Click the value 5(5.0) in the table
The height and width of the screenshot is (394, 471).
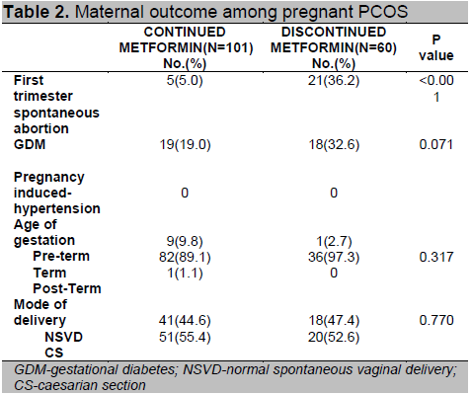[x=185, y=81]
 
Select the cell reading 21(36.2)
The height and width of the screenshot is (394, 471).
[x=334, y=81]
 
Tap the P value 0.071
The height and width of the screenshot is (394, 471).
[x=436, y=145]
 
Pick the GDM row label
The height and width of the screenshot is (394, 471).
[x=30, y=145]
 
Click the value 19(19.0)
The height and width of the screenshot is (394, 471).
[x=185, y=145]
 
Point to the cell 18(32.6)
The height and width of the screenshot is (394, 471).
[x=334, y=145]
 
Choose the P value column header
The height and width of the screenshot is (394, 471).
[x=436, y=47]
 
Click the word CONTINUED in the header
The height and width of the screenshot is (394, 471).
[x=185, y=33]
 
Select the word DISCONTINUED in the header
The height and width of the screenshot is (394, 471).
[x=334, y=33]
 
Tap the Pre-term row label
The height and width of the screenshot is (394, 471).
[x=61, y=257]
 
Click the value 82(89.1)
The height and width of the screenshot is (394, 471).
[x=185, y=257]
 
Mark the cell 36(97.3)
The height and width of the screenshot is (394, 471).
[x=334, y=257]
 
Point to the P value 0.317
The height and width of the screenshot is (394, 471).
[x=436, y=257]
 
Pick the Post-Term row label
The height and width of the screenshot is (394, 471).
[x=67, y=288]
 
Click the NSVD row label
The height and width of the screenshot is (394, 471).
[x=63, y=337]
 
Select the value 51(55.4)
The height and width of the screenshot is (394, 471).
[x=185, y=338]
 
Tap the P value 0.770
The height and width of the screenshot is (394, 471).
[x=436, y=320]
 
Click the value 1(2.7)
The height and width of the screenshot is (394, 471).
[x=334, y=242]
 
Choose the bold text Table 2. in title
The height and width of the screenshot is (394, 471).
[x=36, y=12]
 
